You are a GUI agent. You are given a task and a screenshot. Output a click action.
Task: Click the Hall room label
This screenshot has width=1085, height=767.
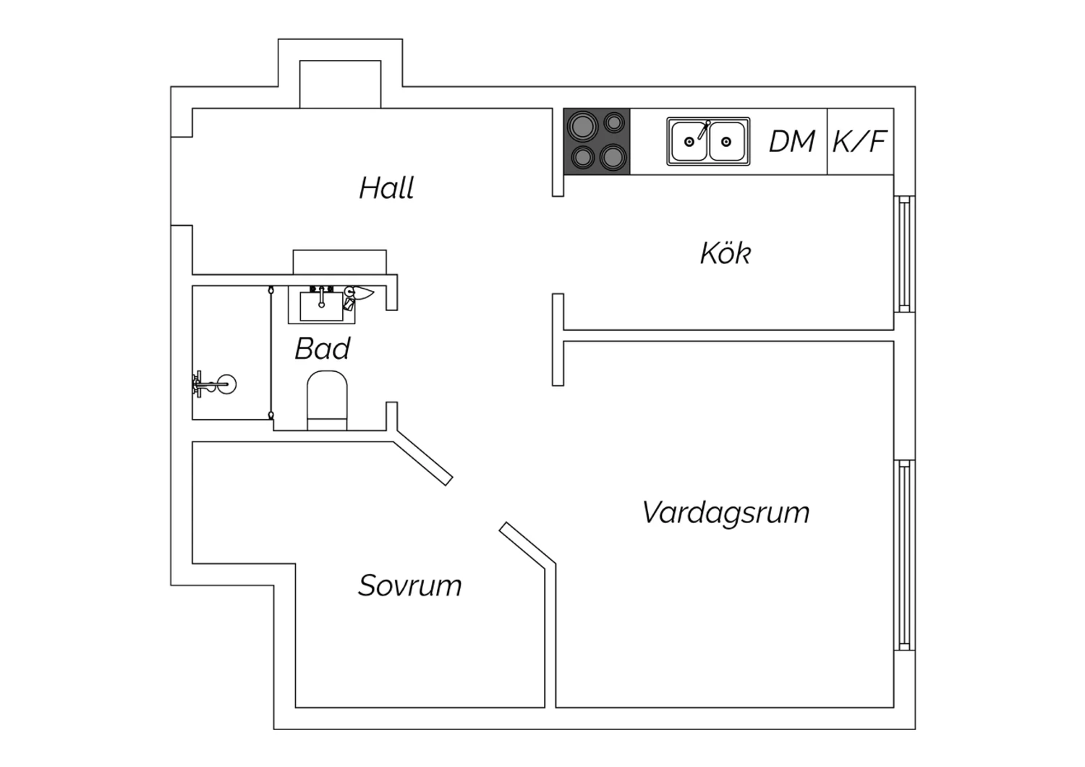click(x=386, y=187)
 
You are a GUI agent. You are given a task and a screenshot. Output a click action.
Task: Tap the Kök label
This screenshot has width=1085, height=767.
click(x=725, y=253)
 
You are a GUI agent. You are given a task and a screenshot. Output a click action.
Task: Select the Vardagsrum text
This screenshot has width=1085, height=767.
click(x=726, y=513)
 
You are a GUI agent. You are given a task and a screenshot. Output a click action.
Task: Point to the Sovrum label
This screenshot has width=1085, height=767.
click(x=410, y=585)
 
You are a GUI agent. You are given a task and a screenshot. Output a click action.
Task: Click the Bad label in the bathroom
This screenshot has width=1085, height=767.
click(x=322, y=348)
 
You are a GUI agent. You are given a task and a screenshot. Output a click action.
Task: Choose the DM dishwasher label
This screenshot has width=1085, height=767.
click(x=792, y=142)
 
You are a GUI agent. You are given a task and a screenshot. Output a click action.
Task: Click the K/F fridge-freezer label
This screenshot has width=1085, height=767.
click(x=859, y=142)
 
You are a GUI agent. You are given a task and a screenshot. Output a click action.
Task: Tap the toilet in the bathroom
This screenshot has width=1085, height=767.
click(x=327, y=400)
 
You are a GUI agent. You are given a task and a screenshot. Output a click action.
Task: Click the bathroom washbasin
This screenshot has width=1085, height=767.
click(x=322, y=305)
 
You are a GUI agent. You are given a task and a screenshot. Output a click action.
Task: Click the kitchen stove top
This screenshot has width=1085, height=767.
click(x=597, y=141)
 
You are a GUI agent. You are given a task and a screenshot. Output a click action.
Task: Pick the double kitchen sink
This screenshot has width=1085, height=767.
click(x=708, y=142)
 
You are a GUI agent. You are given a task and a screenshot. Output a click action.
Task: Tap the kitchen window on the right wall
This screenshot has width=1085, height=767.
click(x=904, y=254)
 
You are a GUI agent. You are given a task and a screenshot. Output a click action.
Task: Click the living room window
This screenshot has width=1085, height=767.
click(x=904, y=555)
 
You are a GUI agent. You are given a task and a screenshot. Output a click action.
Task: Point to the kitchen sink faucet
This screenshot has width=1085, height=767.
click(x=704, y=130)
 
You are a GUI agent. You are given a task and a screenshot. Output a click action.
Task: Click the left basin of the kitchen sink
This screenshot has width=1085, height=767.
click(x=689, y=142)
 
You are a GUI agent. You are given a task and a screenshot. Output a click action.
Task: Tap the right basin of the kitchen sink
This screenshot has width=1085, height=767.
click(x=726, y=142)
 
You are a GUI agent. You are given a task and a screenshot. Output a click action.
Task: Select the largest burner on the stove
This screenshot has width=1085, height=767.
click(x=583, y=126)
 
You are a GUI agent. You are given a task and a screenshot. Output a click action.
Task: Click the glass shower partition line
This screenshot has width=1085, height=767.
click(x=271, y=352)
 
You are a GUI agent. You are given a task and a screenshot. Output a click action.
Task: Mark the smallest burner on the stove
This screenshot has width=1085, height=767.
click(x=613, y=122)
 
